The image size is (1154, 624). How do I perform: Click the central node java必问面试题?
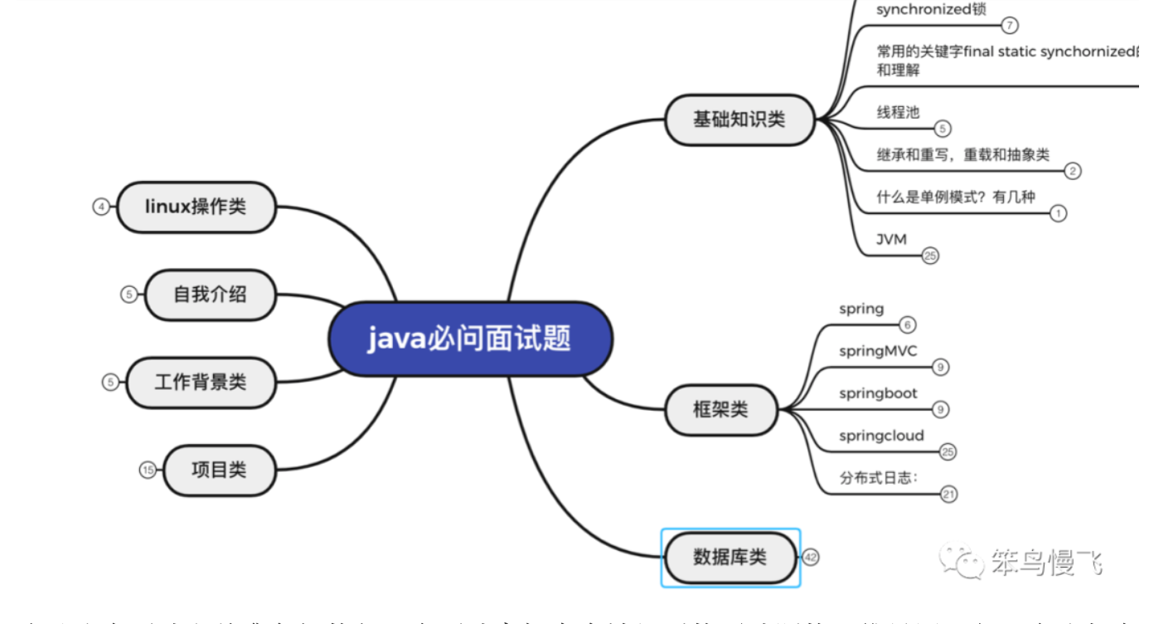coord(470,339)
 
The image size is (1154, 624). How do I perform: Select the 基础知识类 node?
coord(739,119)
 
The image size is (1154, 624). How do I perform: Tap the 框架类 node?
coord(720,409)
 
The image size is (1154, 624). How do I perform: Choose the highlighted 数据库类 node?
coord(730,557)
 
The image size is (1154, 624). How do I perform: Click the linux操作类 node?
coord(196,207)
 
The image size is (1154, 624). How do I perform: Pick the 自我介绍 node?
coord(210,294)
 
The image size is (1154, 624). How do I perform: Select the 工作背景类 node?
coord(200,382)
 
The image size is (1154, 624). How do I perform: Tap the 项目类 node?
coord(219,470)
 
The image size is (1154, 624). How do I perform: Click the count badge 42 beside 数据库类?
coord(811,558)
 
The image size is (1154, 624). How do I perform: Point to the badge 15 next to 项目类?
coord(148,470)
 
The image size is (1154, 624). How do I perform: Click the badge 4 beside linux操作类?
coord(101,207)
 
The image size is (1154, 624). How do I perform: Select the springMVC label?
coord(878,351)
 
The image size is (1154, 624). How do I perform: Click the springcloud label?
coord(881,436)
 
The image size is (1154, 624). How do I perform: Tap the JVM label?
coord(892,239)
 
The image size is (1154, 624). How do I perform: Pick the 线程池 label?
coord(898,112)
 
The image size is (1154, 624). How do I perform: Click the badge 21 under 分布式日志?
coord(948,495)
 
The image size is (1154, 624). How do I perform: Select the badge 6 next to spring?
coord(908,325)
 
